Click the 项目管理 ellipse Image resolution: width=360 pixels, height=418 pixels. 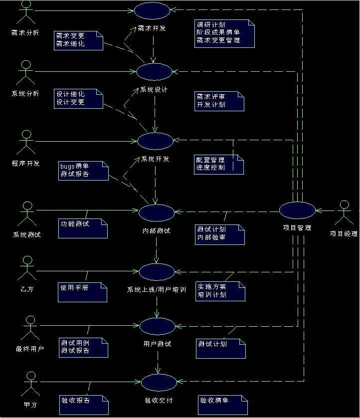(x=297, y=210)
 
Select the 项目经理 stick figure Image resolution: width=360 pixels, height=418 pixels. (x=344, y=213)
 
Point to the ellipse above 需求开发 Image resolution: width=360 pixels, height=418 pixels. (x=152, y=10)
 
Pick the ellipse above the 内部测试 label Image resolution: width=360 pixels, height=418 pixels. (x=157, y=212)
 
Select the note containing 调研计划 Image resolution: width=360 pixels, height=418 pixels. (x=224, y=33)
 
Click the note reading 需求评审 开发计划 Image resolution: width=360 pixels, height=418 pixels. (x=219, y=101)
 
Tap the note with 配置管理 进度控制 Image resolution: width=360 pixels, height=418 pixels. (x=219, y=164)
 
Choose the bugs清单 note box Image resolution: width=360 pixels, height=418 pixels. (x=83, y=171)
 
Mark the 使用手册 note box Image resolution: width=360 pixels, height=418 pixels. (x=83, y=292)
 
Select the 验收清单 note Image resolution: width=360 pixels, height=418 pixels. (x=222, y=405)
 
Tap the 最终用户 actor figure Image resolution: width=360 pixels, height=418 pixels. (x=30, y=327)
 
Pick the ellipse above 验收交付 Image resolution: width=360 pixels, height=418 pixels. (x=159, y=383)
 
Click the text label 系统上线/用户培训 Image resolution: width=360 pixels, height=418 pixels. (x=157, y=289)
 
